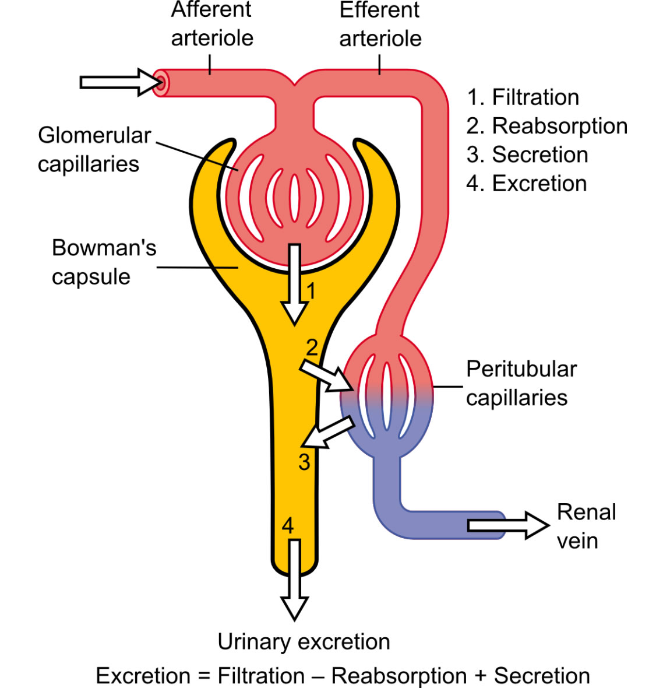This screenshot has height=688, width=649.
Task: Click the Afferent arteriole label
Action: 212,24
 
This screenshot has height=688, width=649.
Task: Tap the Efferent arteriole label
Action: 380,24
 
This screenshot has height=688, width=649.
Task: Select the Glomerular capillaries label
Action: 94,149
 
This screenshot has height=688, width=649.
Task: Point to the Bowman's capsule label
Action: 104,262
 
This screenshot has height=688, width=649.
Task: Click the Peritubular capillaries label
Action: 521,383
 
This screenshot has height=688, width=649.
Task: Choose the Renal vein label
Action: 585,526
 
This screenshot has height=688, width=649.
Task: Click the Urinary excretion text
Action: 304,641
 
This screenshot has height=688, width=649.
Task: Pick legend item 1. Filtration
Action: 523,97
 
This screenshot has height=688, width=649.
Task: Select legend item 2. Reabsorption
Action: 547,126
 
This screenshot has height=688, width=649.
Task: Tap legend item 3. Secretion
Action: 527,155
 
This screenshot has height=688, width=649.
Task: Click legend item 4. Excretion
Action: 527,183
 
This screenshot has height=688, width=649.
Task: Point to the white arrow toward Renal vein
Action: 507,525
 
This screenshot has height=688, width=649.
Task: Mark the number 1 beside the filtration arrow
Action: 311,290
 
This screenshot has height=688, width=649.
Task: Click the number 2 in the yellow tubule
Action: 312,347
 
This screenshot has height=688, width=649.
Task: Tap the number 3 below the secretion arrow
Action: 304,462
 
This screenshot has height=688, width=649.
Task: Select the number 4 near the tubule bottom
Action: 288,526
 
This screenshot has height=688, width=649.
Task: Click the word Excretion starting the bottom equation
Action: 143,676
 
